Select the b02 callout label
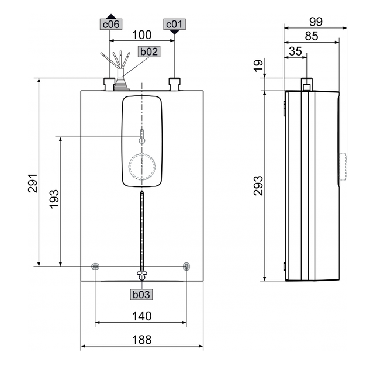click(x=148, y=51)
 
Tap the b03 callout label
click(x=141, y=294)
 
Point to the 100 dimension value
click(x=142, y=34)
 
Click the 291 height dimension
click(x=33, y=182)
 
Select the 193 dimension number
click(x=54, y=199)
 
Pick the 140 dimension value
click(x=141, y=316)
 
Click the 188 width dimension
click(x=141, y=339)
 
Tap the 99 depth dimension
click(x=316, y=22)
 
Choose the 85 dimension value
click(x=311, y=36)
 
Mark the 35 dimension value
click(x=296, y=51)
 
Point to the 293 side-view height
click(x=258, y=185)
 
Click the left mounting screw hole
click(x=96, y=267)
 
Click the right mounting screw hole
click(x=186, y=267)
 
